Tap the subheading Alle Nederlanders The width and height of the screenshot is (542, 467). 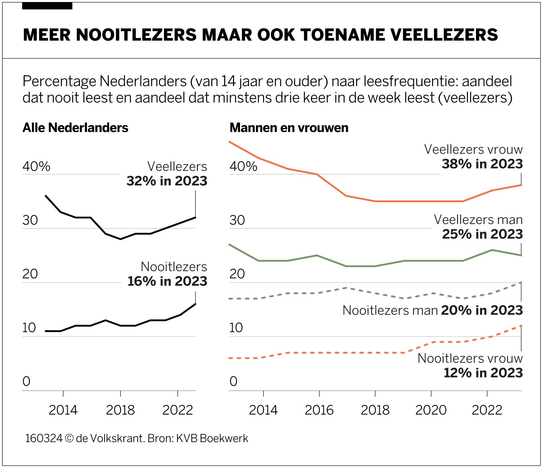pyautogui.click(x=75, y=128)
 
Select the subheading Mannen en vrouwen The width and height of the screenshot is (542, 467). pyautogui.click(x=289, y=128)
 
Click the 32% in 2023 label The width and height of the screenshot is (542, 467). pyautogui.click(x=167, y=181)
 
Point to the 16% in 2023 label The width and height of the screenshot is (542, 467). pyautogui.click(x=167, y=281)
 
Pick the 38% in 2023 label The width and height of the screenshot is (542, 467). pyautogui.click(x=482, y=164)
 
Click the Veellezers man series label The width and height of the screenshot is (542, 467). pyautogui.click(x=478, y=220)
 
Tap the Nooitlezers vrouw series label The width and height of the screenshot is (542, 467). pyautogui.click(x=470, y=358)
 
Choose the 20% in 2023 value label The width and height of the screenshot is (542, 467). pyautogui.click(x=482, y=310)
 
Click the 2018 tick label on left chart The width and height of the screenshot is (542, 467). pyautogui.click(x=120, y=410)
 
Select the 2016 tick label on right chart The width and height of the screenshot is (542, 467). pyautogui.click(x=319, y=410)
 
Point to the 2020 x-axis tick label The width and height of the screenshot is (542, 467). pyautogui.click(x=431, y=410)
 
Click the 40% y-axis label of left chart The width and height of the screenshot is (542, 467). pyautogui.click(x=36, y=166)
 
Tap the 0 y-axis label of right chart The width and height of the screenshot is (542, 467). pyautogui.click(x=233, y=382)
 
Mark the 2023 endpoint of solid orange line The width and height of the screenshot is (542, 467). pyautogui.click(x=521, y=185)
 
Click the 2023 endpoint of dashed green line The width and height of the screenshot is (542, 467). pyautogui.click(x=521, y=283)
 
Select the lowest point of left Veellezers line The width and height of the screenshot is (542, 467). pyautogui.click(x=120, y=239)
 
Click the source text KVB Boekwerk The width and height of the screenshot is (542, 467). pyautogui.click(x=212, y=438)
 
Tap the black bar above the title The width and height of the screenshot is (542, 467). pyautogui.click(x=47, y=6)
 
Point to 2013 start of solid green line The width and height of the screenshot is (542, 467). pyautogui.click(x=230, y=245)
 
